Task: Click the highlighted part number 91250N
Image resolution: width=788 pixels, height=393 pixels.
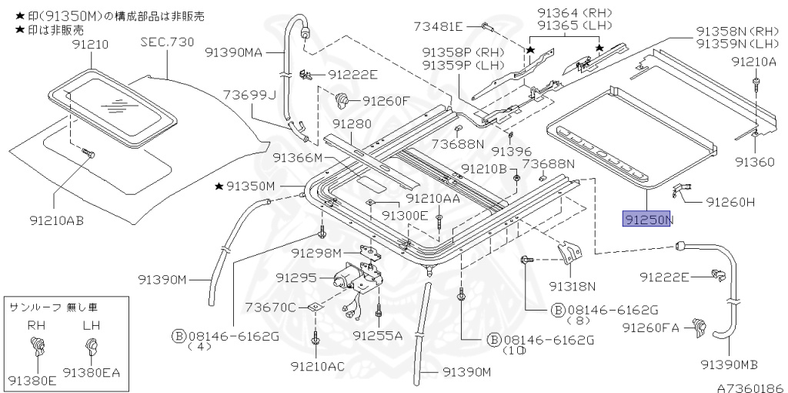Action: (648, 220)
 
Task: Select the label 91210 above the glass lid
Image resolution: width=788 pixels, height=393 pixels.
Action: (91, 45)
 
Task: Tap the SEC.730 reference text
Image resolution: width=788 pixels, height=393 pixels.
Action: (167, 42)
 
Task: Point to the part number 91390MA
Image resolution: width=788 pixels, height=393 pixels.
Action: (234, 52)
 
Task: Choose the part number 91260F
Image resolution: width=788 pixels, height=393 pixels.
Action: (387, 100)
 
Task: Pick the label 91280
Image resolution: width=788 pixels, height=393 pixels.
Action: (352, 124)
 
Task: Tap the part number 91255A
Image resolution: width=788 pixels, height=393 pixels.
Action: (378, 335)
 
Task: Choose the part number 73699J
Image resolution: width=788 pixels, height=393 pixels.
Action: (249, 95)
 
